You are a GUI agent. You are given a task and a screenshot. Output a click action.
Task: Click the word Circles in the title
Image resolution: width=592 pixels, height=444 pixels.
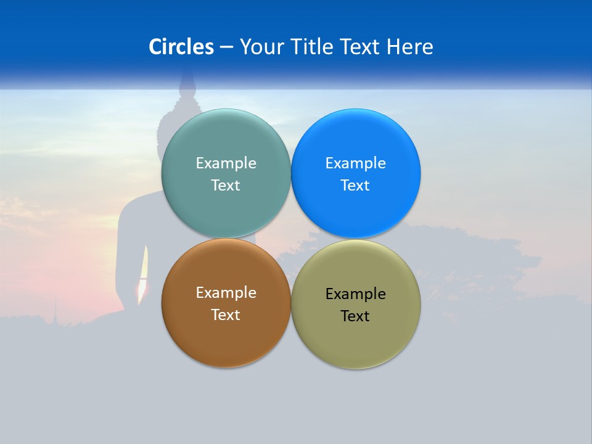181,47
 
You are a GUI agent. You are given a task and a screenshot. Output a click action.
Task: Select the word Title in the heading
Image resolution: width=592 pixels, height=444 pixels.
314,47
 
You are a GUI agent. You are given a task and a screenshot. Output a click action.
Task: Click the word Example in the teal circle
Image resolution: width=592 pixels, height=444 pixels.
226,163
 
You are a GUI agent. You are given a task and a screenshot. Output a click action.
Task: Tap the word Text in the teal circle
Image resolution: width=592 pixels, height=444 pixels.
226,185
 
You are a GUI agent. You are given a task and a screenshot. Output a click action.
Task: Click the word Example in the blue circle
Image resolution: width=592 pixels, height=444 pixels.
355,163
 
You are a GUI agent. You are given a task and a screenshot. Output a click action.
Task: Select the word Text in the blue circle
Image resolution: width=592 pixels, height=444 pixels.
355,185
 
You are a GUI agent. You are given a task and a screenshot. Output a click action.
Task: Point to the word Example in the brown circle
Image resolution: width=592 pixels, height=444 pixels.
226,292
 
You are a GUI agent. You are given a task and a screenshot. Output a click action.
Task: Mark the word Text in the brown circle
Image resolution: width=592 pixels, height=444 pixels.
226,314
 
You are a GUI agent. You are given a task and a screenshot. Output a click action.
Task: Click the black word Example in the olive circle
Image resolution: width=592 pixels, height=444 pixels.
355,294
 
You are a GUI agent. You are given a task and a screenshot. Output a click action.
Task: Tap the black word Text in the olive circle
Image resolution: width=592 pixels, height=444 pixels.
355,316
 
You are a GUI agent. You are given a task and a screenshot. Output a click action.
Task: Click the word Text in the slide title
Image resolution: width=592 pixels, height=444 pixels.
361,47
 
